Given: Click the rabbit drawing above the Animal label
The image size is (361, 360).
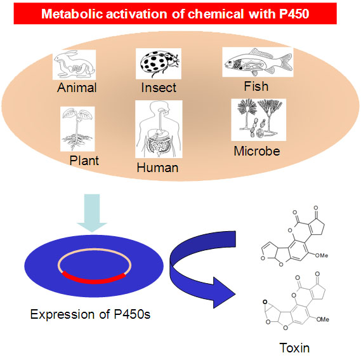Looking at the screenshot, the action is tap(74, 65).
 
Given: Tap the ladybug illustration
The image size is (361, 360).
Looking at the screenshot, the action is tap(159, 63).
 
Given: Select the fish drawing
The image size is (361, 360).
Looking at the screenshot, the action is tap(258, 62).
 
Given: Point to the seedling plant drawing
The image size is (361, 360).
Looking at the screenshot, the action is tap(77, 129).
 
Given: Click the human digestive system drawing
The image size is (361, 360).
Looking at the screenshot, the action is tap(159, 129).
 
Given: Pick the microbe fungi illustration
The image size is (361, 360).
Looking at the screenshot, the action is tap(259, 119).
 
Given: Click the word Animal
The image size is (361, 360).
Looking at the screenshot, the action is tap(77, 88).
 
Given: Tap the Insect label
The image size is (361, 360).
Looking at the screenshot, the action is tap(159, 88).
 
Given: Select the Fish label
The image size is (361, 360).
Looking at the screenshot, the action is tap(256, 86).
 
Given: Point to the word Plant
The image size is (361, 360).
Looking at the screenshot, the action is tap(84, 161).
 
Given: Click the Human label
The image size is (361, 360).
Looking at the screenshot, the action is tap(157, 168).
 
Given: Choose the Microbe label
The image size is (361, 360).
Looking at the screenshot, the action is tap(257, 151).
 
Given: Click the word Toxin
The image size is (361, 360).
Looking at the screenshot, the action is tap(294, 348).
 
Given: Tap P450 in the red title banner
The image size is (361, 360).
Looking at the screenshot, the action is tap(294, 14).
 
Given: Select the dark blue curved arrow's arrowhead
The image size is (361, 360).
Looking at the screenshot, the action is tap(225, 293).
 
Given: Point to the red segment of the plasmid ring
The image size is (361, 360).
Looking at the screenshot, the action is tap(94, 280).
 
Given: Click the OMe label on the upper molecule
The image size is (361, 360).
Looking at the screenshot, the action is tap(322, 255).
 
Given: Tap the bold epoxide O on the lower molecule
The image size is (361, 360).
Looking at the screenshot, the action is tap(265, 302).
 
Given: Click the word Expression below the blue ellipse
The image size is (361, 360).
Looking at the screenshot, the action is tap(62, 314).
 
